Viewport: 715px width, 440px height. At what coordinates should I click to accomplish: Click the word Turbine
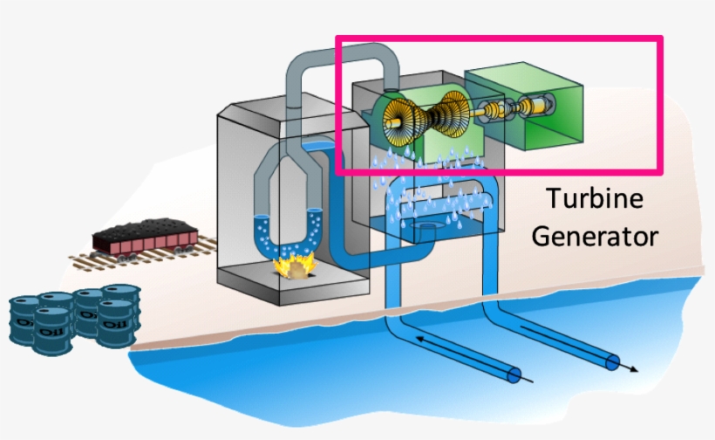[x=595, y=199]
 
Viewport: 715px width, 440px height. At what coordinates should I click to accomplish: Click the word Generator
[x=596, y=236]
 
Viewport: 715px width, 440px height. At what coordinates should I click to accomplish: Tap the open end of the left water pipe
[x=514, y=375]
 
